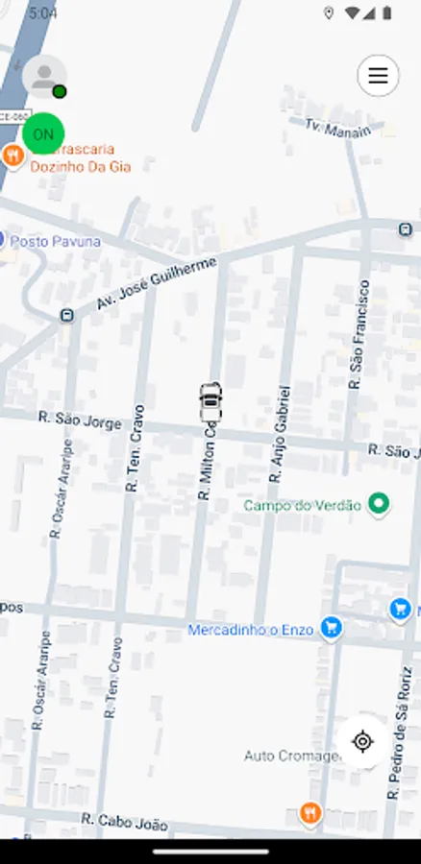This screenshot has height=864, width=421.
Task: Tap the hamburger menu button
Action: [378, 76]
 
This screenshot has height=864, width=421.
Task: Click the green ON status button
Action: [43, 134]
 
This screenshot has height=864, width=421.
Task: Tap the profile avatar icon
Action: [43, 76]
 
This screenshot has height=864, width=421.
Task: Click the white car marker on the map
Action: [210, 402]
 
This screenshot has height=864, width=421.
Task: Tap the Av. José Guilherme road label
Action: [156, 284]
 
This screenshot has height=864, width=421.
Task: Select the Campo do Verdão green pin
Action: [380, 503]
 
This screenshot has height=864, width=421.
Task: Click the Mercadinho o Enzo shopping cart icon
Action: [332, 628]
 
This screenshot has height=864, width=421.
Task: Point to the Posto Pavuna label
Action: [55, 242]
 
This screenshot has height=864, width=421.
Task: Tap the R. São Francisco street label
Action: [359, 334]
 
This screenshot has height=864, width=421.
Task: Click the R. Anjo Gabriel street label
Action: [279, 434]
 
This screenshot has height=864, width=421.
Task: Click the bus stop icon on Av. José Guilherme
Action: [66, 315]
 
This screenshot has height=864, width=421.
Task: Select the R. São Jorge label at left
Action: [80, 420]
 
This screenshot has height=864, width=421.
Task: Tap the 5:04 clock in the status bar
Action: [43, 13]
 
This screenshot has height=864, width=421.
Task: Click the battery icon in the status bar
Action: [386, 13]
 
